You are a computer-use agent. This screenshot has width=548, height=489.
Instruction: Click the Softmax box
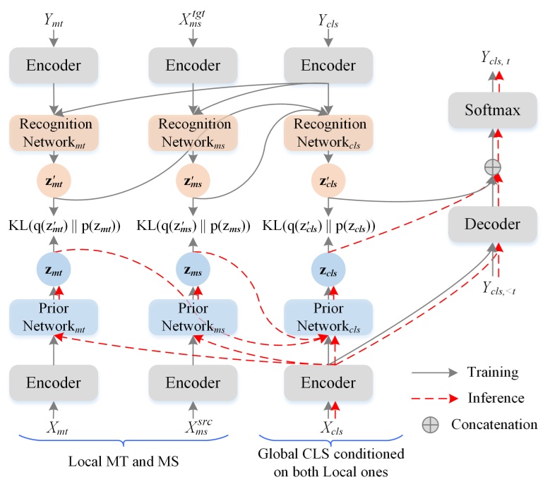point(492,111)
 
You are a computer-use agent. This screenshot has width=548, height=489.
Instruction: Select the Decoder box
point(492,224)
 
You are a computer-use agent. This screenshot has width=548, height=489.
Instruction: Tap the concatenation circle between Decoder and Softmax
point(492,167)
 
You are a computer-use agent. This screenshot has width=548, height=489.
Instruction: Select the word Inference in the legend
point(496,398)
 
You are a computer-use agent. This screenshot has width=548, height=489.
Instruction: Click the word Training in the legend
point(493,372)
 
